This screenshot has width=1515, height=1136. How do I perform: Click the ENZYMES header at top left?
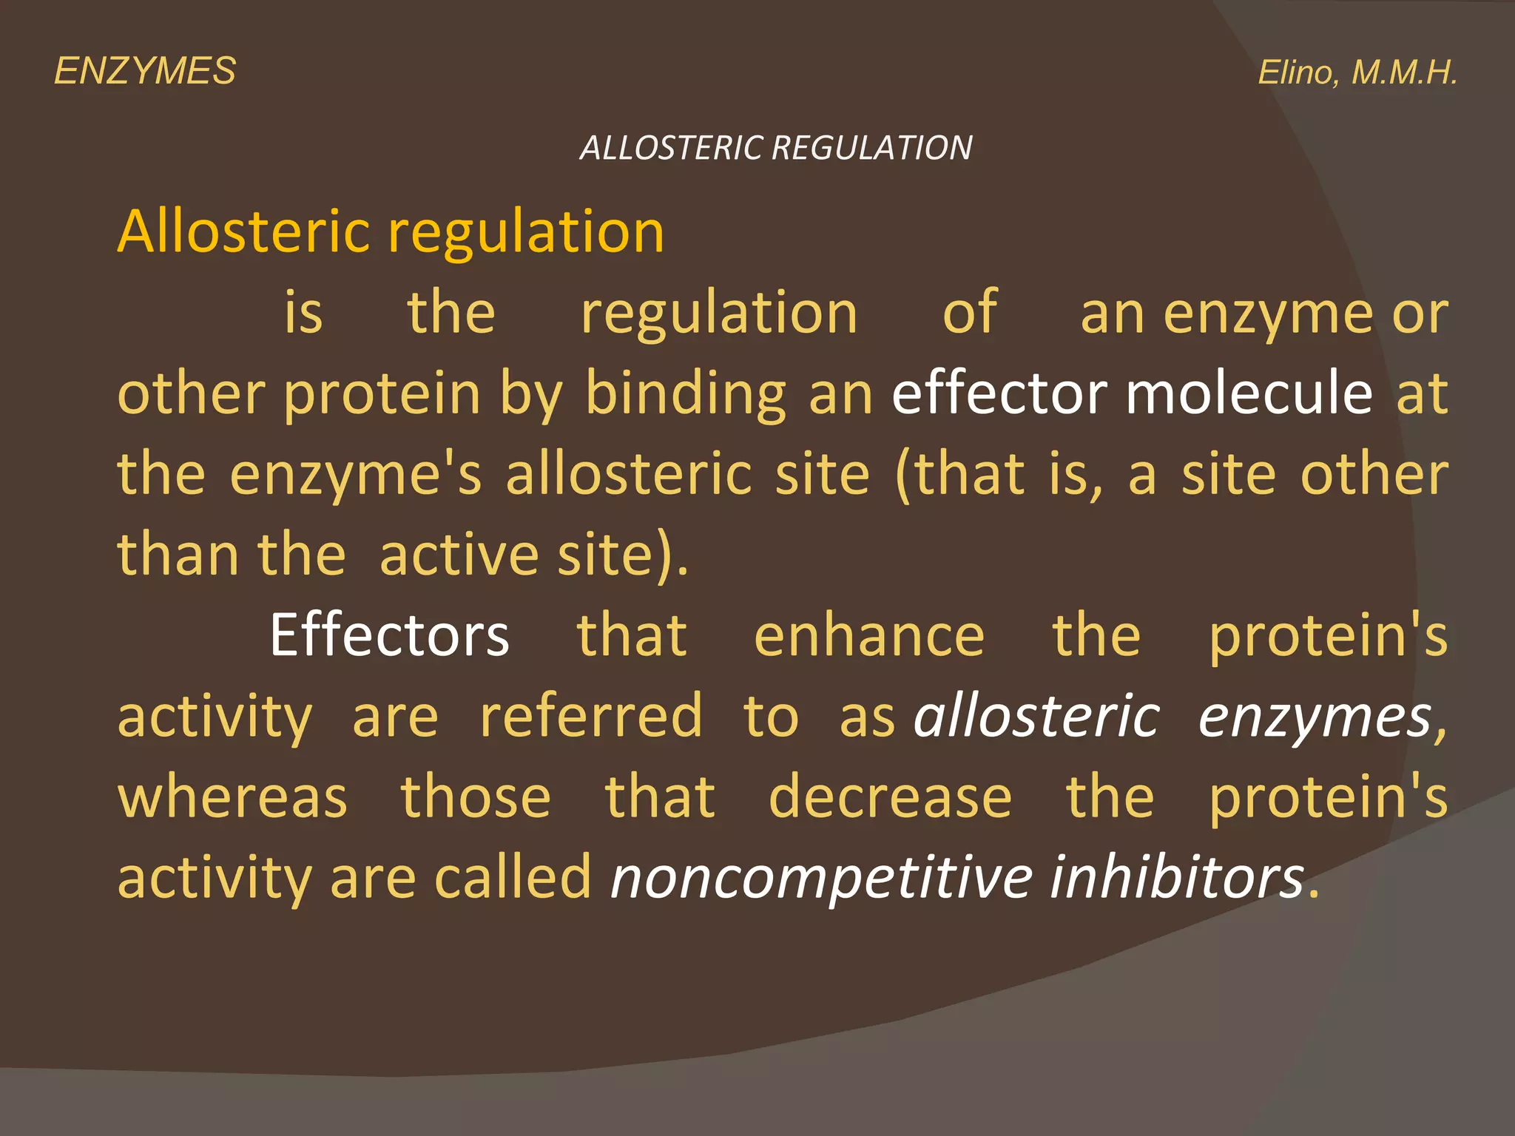[145, 72]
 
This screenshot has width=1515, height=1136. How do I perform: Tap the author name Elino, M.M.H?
[1357, 72]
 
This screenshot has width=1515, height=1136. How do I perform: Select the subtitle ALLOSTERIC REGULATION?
[776, 148]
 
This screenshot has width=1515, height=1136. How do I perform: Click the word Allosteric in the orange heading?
[243, 231]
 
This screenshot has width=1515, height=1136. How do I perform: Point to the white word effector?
[999, 393]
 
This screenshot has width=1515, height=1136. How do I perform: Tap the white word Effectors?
[390, 635]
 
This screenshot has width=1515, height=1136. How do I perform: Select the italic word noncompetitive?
[820, 878]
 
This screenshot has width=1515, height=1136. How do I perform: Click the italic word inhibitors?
[1177, 878]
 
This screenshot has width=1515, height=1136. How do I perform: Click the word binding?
[686, 394]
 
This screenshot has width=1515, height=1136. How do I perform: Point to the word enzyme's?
[355, 475]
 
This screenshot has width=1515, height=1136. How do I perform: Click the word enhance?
[868, 635]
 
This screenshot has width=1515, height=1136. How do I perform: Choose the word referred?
[590, 716]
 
